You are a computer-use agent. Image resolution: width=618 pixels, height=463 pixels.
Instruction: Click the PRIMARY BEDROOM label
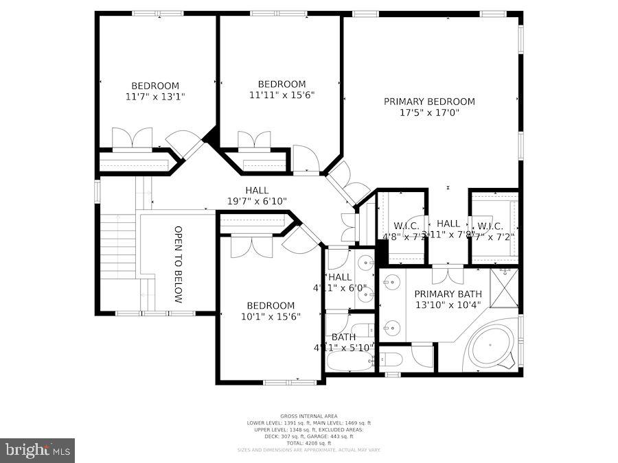[428, 102]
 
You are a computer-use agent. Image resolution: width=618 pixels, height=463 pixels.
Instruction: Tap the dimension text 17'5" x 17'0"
[428, 112]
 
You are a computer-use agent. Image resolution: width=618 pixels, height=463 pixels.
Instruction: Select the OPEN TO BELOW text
[178, 264]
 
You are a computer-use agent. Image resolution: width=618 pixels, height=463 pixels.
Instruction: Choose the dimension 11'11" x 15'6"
[282, 95]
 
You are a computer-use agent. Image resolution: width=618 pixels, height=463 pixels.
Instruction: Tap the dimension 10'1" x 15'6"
[271, 317]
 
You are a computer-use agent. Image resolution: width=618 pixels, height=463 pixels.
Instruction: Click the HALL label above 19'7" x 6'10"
[257, 190]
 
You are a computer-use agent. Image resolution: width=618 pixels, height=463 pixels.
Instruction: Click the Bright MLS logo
[38, 450]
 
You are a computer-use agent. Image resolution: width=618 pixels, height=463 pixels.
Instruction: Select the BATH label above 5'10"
[343, 337]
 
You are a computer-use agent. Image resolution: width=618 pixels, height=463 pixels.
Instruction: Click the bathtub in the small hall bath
[349, 361]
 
